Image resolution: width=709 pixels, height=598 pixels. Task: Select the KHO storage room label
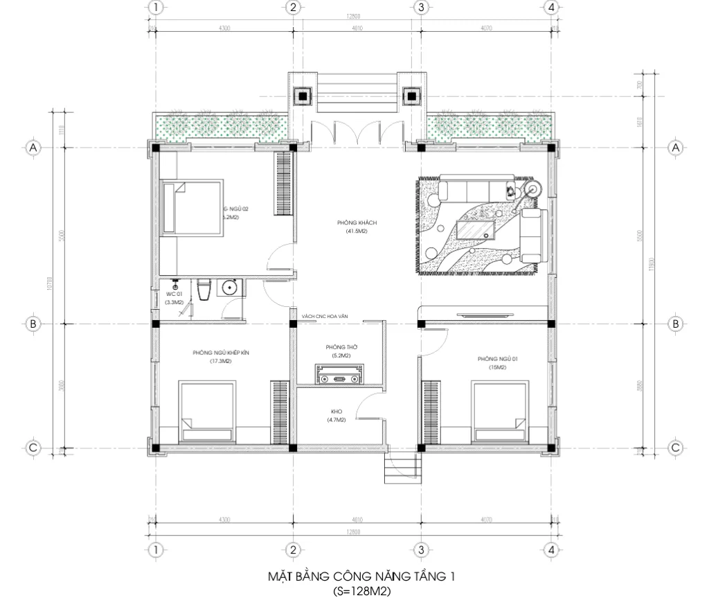click(x=336, y=411)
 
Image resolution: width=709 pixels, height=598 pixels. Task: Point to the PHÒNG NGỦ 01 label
click(x=492, y=359)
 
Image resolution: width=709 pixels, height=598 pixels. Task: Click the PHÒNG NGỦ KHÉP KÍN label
click(x=220, y=353)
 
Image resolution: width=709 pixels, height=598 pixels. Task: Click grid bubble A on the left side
click(x=31, y=148)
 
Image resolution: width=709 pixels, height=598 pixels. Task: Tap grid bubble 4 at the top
click(x=551, y=8)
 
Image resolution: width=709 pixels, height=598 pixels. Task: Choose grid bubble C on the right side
click(x=676, y=448)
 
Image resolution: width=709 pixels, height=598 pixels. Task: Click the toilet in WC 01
click(x=204, y=290)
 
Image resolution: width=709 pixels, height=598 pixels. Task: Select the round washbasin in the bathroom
click(x=228, y=287)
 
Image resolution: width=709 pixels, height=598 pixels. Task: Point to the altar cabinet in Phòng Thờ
click(x=339, y=376)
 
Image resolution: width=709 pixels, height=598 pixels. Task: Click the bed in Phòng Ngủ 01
click(x=499, y=411)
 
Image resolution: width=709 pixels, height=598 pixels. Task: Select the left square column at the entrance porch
click(x=303, y=96)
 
